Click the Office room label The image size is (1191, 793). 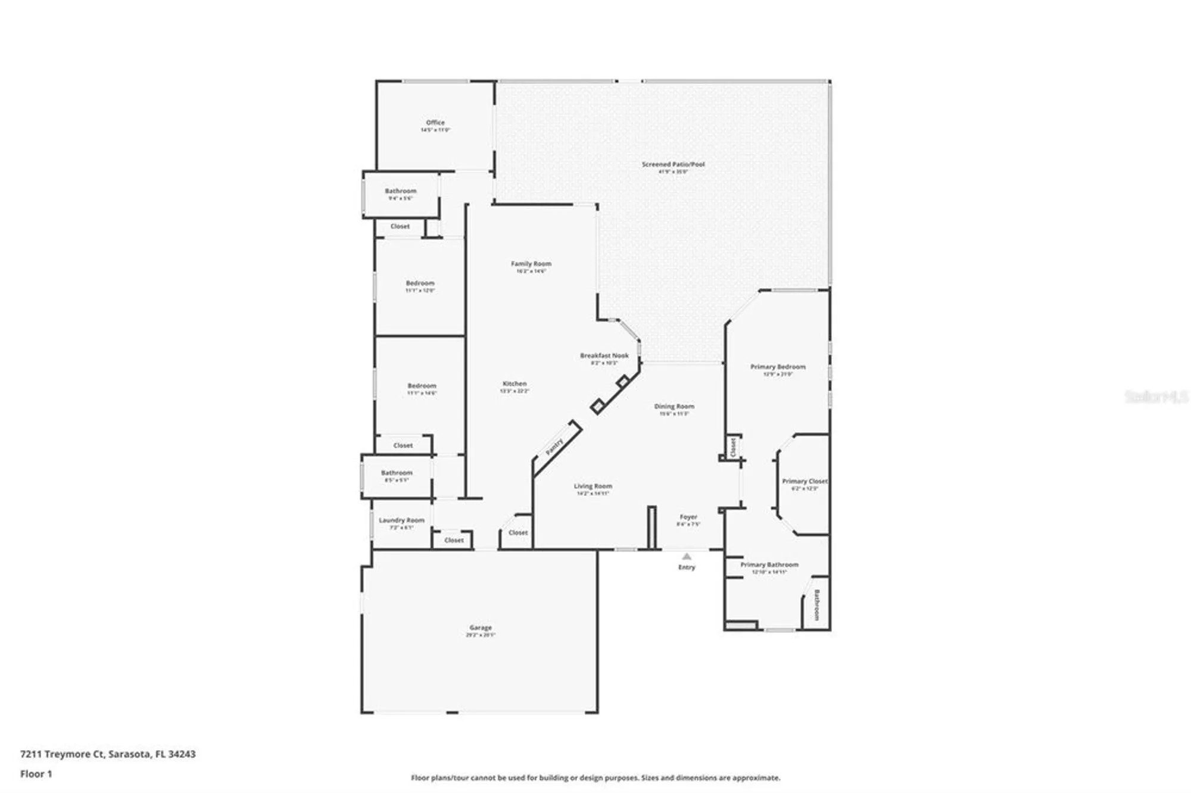[x=435, y=123]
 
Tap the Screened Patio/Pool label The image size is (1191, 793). [x=673, y=164]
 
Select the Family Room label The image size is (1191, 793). [x=531, y=264]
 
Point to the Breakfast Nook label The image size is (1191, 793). [x=604, y=356]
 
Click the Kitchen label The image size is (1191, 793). [x=515, y=384]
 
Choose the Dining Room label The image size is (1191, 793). [x=674, y=407]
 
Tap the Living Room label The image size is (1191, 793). [x=593, y=486]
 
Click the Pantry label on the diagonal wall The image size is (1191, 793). [x=554, y=447]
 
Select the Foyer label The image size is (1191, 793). [x=688, y=517]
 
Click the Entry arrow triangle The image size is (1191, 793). [x=687, y=556]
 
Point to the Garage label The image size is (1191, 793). [x=481, y=627]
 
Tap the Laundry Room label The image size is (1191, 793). [x=401, y=520]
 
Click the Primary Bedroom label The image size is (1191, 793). [x=778, y=367]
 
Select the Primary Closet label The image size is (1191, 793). [x=805, y=481]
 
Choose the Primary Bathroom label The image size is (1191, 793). [x=769, y=564]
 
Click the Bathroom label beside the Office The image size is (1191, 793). [x=400, y=191]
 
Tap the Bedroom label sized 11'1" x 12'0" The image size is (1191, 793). [x=420, y=283]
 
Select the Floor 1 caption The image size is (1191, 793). [x=36, y=774]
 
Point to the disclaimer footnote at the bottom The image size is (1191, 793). [x=595, y=778]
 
